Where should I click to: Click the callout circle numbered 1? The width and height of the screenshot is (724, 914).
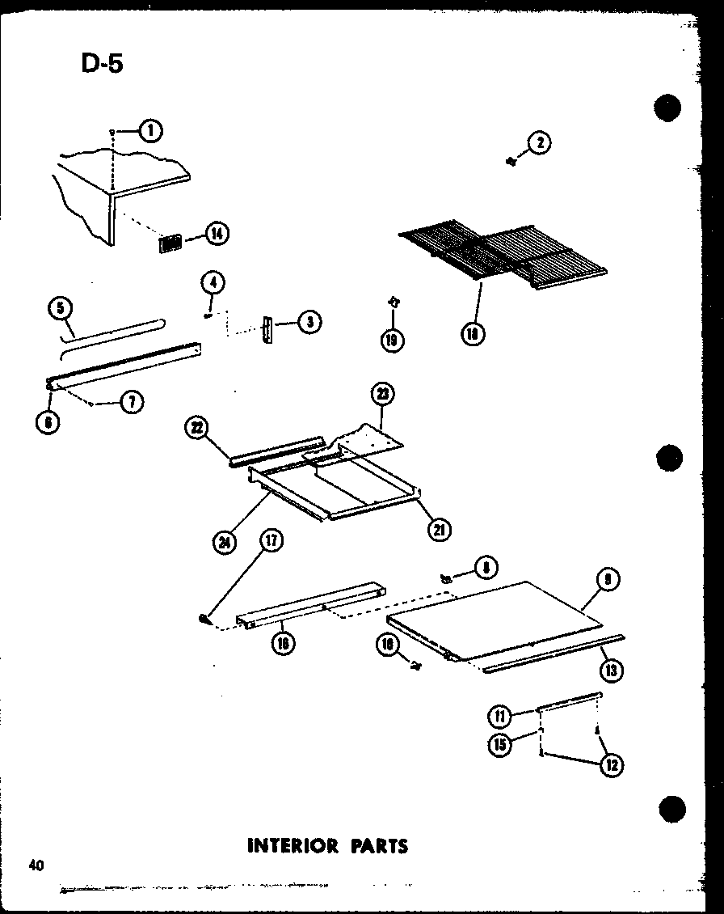tap(150, 130)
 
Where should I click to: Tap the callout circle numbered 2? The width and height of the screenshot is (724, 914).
tap(539, 144)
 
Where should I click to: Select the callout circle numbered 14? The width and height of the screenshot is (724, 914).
tap(217, 235)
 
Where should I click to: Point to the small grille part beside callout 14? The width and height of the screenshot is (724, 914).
tap(170, 243)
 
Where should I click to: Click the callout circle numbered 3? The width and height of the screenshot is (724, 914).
tap(309, 323)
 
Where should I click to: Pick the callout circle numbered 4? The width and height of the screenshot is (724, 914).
tap(213, 283)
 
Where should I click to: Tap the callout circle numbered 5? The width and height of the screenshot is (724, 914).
tap(60, 308)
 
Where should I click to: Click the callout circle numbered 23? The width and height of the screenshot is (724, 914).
tap(382, 395)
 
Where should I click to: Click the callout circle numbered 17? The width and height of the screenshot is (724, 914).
tap(270, 540)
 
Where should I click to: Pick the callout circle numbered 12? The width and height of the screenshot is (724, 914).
tap(612, 764)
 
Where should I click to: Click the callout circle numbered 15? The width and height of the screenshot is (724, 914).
tap(500, 744)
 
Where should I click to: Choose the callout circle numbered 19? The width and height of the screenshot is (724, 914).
tap(393, 341)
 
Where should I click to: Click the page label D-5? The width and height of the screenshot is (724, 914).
tap(102, 63)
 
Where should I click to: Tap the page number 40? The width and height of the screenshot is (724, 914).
tap(35, 865)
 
